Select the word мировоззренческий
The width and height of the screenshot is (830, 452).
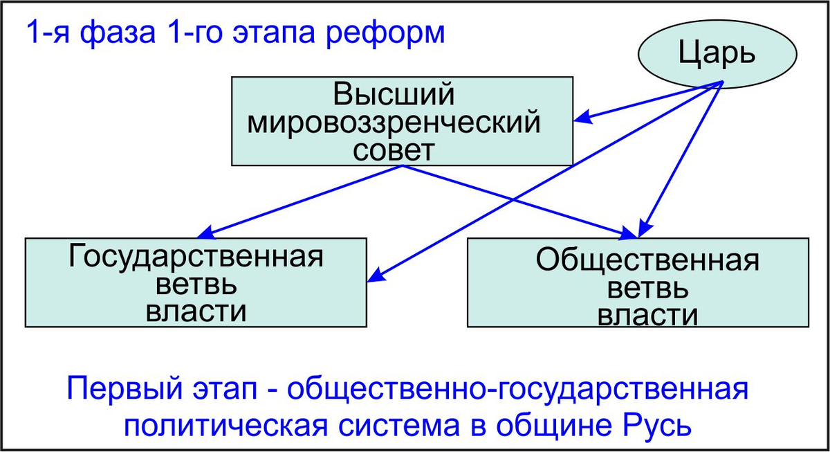point(394,123)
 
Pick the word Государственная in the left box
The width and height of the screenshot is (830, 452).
point(196,257)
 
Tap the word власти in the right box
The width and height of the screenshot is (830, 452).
point(647,314)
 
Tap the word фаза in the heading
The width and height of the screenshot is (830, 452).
point(118,33)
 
